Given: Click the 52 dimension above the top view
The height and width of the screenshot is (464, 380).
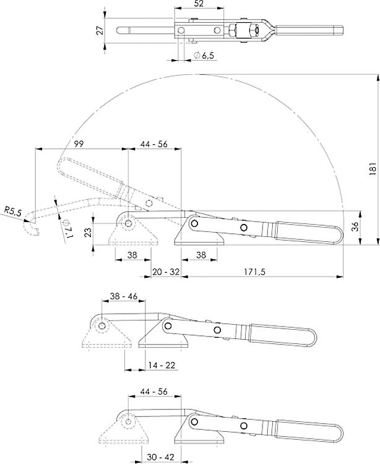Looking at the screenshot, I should [199, 4].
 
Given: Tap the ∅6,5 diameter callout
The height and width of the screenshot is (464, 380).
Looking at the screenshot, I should [204, 55].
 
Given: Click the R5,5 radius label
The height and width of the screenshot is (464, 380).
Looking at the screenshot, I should [12, 212].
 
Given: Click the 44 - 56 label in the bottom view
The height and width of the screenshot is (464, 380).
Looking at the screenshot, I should [151, 391].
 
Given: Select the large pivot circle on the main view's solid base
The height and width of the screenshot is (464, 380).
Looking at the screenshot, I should [194, 223].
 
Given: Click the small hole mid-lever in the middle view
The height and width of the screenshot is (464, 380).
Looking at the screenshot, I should [217, 331].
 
